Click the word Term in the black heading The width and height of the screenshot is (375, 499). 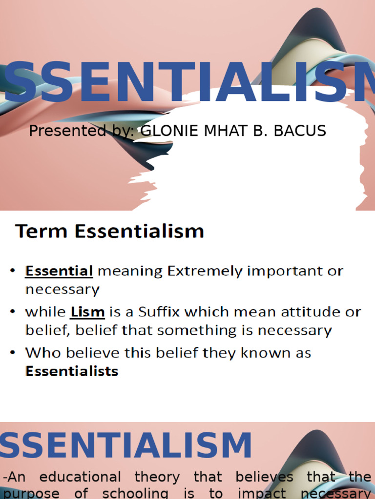pyautogui.click(x=42, y=230)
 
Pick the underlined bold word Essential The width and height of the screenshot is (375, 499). pyautogui.click(x=59, y=271)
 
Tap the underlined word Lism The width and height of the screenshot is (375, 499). pyautogui.click(x=87, y=311)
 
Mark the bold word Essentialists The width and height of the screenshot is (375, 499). pyautogui.click(x=72, y=371)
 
